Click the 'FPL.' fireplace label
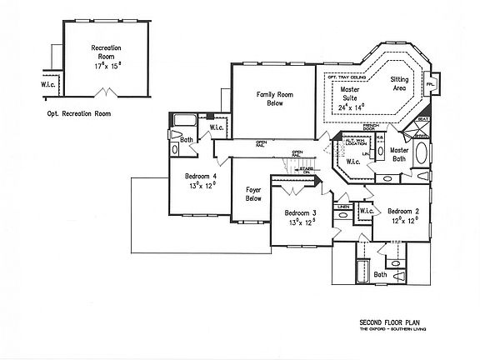pos(432,85)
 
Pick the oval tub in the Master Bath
pos(423,154)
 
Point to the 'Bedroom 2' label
pos(402,212)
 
